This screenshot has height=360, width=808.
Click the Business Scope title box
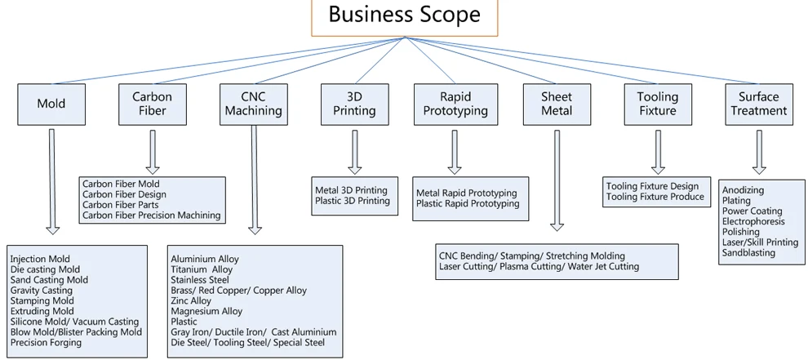(x=403, y=17)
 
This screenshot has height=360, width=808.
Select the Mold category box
(x=51, y=104)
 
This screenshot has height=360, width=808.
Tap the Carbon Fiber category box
(x=153, y=104)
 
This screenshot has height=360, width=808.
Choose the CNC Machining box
(x=253, y=104)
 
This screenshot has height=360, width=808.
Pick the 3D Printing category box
(x=354, y=104)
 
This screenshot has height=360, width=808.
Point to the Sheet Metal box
(x=557, y=104)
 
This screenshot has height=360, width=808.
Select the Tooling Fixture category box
(x=657, y=104)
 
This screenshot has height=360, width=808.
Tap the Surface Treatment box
(x=758, y=104)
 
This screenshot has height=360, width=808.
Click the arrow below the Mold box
(x=51, y=181)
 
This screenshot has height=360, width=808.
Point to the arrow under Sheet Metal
(x=557, y=180)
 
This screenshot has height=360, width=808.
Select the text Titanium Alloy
(x=202, y=269)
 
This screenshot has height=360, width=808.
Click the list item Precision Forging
(x=46, y=343)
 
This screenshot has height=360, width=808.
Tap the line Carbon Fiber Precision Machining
(x=151, y=216)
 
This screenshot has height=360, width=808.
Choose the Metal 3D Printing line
(x=351, y=190)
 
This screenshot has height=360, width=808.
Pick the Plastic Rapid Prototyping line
(x=467, y=203)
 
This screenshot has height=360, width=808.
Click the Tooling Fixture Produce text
(x=655, y=197)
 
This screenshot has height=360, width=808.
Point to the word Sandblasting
(x=748, y=253)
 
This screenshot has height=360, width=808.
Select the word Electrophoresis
(x=753, y=221)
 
